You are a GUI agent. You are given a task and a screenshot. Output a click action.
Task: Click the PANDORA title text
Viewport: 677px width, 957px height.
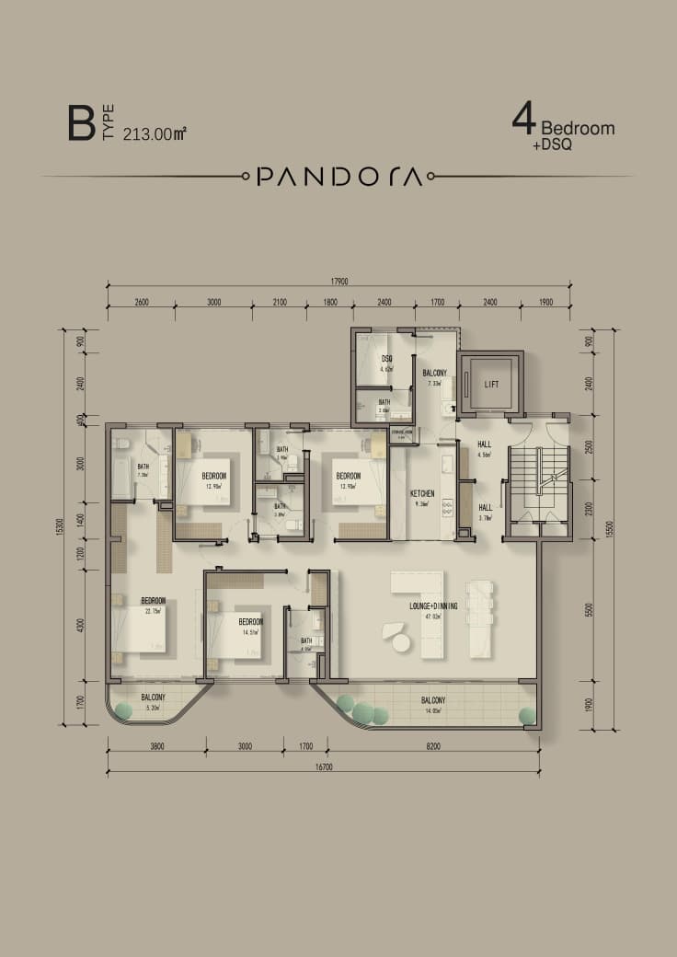point(339,176)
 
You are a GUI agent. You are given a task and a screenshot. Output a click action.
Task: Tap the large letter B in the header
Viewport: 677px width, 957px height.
point(81,124)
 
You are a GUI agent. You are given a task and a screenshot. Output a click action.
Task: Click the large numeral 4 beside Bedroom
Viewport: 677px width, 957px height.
point(524,121)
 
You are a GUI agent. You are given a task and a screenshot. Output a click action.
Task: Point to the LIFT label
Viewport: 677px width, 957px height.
point(491,384)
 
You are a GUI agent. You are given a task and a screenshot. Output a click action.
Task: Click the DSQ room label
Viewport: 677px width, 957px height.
point(387,359)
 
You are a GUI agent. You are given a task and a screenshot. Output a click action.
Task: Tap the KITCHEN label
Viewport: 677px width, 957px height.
point(422,494)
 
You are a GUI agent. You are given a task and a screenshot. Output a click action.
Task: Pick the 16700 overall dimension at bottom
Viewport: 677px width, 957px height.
point(323,765)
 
